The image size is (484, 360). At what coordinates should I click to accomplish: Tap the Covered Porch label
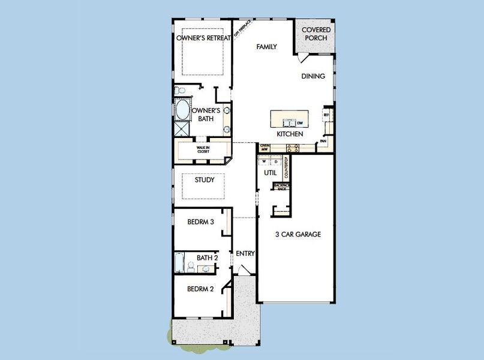[315, 34]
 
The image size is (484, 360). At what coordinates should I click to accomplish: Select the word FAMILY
[266, 46]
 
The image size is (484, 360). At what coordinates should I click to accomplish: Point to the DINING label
[313, 76]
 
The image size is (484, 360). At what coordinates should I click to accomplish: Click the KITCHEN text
[288, 134]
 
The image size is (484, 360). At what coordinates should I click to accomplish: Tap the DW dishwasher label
[300, 123]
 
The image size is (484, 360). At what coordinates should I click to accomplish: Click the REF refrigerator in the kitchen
[326, 115]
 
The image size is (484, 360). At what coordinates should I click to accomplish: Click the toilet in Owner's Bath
[181, 91]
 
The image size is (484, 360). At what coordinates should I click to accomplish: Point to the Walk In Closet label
[203, 149]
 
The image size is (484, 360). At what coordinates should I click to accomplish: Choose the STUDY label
[205, 179]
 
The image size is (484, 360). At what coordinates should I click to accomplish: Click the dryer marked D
[276, 161]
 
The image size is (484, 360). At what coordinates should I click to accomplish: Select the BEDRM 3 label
[200, 221]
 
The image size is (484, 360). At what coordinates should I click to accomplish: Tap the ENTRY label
[245, 253]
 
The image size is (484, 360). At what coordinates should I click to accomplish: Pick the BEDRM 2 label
[200, 289]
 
